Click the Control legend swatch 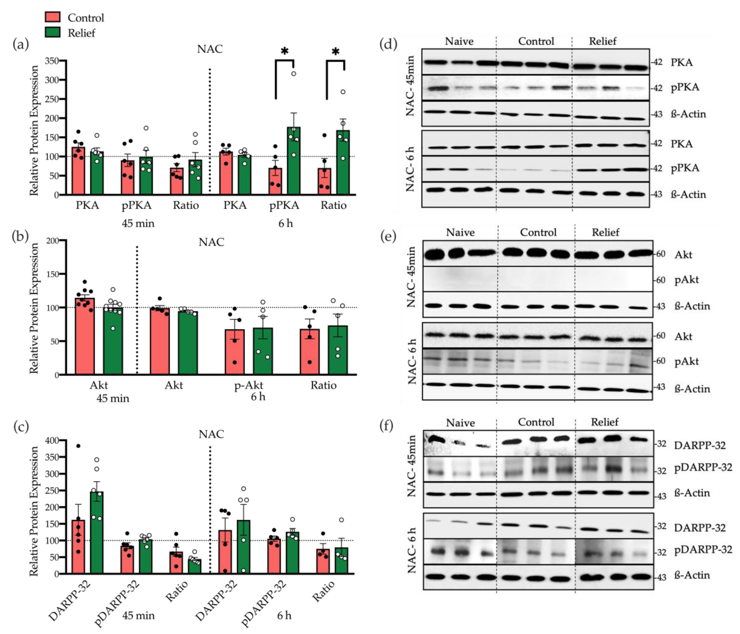coord(53,17)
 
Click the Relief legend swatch coord(53,32)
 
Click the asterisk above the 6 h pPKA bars coord(284,51)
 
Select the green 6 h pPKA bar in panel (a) coord(294,161)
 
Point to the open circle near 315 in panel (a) coord(294,74)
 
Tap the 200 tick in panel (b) coord(52,241)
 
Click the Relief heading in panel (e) coord(605,233)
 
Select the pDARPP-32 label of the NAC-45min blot coord(703,467)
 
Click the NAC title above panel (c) coord(211,434)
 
